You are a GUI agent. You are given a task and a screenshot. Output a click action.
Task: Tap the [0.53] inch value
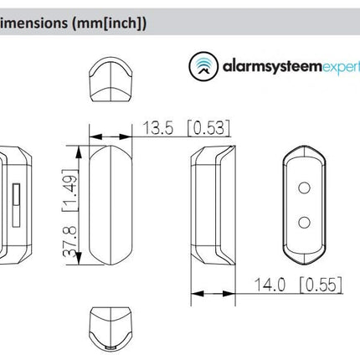coord(208,128)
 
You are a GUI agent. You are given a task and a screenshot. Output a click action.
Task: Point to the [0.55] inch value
coord(319,285)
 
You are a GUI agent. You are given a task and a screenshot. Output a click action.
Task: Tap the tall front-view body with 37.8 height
coord(112,203)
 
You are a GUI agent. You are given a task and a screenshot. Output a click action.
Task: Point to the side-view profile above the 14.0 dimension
coord(213,203)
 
